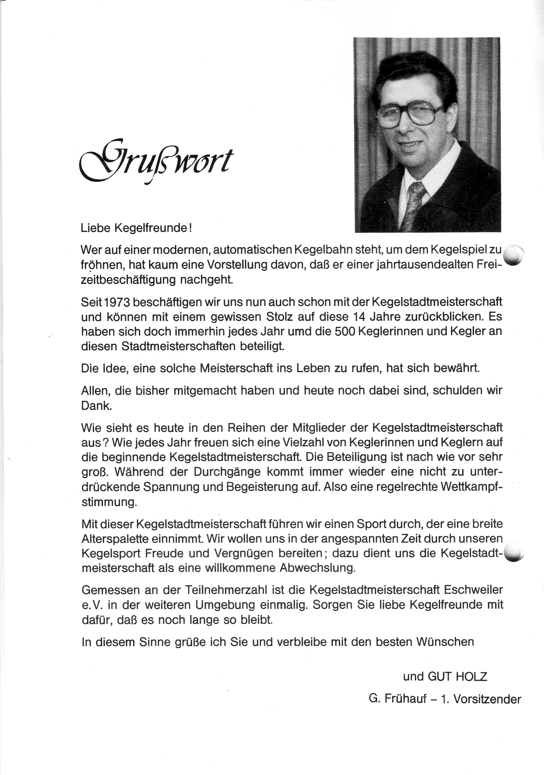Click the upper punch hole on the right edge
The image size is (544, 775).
pos(513,255)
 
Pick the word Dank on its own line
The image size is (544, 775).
pos(96,405)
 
